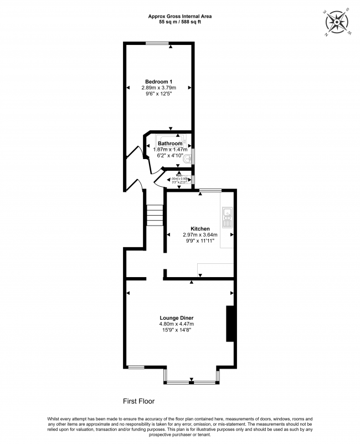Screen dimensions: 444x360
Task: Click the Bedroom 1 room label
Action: point(158,81)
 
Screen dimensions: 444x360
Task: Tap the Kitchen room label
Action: point(200,228)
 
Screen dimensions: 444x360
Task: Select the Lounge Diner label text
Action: point(177,318)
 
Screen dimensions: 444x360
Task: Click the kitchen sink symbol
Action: point(227,218)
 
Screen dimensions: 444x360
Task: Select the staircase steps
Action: point(155,215)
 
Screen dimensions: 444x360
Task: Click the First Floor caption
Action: point(138,400)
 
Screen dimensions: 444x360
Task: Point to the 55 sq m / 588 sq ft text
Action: point(180,22)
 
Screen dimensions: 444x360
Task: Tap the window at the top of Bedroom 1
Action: point(158,43)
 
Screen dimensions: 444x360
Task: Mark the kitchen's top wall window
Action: point(209,190)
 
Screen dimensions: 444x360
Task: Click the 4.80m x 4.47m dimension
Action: point(177,324)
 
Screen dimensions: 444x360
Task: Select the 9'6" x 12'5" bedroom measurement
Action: point(158,94)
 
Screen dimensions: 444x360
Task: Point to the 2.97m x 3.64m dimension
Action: point(200,234)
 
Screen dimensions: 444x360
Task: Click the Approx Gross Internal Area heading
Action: point(180,16)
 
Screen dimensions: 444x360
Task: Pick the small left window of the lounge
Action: point(136,366)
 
